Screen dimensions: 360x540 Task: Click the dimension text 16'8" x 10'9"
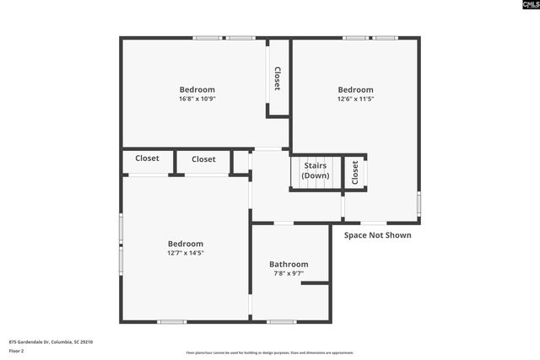coord(197,99)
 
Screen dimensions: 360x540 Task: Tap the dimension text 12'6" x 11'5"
coord(355,99)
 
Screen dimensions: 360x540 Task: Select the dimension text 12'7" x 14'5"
coord(185,252)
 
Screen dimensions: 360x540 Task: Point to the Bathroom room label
coord(289,264)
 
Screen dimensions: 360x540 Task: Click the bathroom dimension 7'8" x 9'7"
coord(289,273)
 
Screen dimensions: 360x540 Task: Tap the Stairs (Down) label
coord(315,170)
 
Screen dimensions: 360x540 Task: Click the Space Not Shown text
coord(378,235)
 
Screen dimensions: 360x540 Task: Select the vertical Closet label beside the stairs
coord(354,172)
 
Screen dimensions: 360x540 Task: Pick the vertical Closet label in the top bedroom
coord(277,78)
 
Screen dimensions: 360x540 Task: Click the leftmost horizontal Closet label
coord(147,159)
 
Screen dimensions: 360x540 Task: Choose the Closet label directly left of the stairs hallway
coord(203,159)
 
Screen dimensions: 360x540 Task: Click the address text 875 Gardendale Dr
coord(51,341)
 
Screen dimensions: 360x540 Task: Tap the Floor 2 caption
coord(17,351)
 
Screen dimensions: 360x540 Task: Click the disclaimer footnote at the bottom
coord(270,352)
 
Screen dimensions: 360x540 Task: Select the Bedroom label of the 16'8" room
coord(197,89)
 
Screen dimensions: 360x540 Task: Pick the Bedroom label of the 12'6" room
coord(355,89)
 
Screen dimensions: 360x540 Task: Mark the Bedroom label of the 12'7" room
coord(185,243)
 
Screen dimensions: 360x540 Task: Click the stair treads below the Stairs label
coord(315,184)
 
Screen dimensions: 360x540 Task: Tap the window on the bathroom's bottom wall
coord(282,322)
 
